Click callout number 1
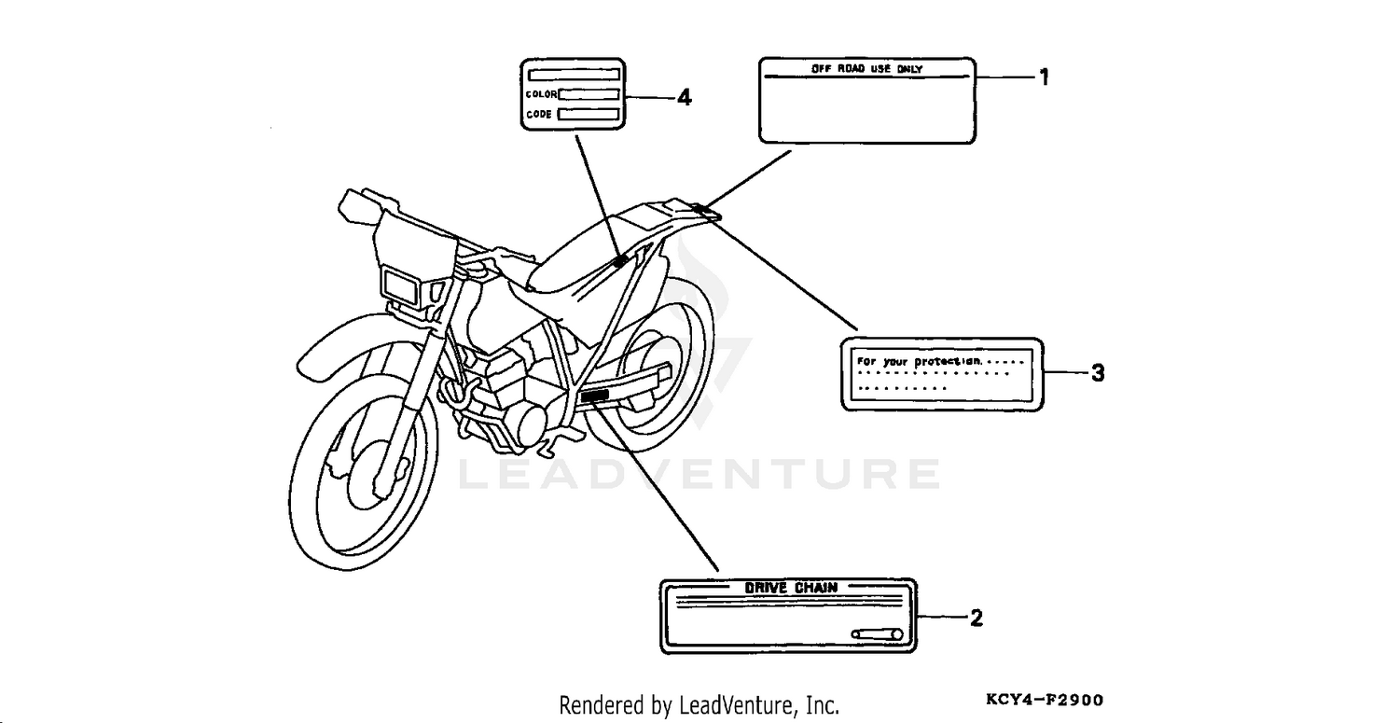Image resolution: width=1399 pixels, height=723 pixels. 1045,77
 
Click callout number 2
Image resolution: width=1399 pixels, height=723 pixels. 976,618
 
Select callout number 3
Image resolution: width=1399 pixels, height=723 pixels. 1098,373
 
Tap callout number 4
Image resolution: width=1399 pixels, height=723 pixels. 684,97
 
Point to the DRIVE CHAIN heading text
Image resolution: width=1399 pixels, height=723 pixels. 790,588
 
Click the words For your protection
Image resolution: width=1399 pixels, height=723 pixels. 919,361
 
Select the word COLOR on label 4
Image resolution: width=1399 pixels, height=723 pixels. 541,94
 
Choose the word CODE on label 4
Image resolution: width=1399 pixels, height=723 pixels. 539,115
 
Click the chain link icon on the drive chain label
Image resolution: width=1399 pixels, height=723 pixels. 878,634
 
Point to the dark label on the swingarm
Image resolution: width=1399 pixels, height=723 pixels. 593,397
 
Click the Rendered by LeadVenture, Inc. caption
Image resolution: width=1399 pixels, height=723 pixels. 699,705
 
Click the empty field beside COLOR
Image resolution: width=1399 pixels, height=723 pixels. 589,94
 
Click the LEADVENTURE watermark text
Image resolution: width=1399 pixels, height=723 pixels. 699,475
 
